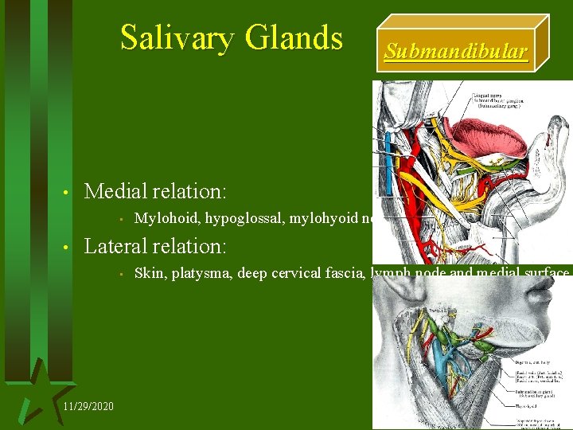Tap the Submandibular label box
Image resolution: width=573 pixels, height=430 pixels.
pyautogui.click(x=455, y=53)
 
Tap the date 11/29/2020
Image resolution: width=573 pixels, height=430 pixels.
pyautogui.click(x=88, y=406)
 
